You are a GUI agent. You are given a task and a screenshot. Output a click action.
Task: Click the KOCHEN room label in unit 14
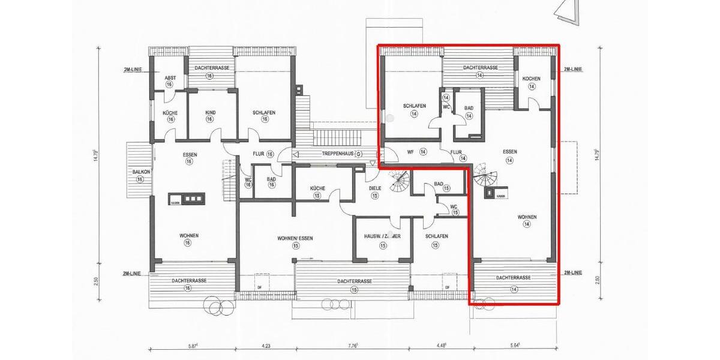pyautogui.click(x=532, y=79)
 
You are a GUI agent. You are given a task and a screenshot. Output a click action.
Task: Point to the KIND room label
pyautogui.click(x=209, y=112)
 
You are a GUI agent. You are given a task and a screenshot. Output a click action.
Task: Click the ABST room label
pyautogui.click(x=170, y=78)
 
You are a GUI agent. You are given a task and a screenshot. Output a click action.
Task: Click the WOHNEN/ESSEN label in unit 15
pyautogui.click(x=295, y=238)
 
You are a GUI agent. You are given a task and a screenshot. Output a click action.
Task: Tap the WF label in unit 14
pyautogui.click(x=411, y=152)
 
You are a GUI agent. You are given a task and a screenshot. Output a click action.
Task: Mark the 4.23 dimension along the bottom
pyautogui.click(x=265, y=345)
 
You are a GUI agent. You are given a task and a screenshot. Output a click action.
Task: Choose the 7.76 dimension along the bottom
pyautogui.click(x=352, y=345)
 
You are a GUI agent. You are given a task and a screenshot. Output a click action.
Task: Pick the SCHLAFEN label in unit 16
pyautogui.click(x=264, y=112)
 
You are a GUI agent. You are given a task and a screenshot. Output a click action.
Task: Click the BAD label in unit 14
pyautogui.click(x=469, y=109)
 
